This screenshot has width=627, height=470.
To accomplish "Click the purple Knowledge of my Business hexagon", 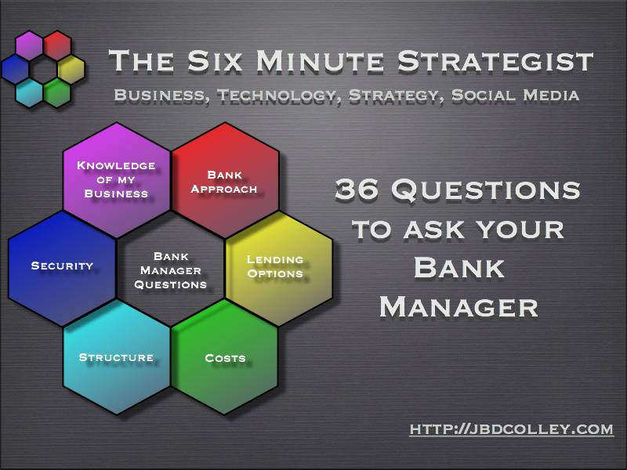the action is point(117,180).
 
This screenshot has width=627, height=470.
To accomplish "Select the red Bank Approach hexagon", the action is point(225,180).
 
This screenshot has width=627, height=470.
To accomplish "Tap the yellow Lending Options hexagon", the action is point(279,269).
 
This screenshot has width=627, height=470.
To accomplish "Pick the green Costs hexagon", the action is point(225,357).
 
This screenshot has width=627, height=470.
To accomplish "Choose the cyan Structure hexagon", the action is point(117,357).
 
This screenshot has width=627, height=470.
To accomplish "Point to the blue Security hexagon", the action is point(62,269).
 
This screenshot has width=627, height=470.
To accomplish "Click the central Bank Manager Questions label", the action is point(171,270).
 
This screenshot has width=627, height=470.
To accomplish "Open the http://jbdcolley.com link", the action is point(512,429).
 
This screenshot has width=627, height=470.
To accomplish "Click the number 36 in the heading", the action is point(357,189).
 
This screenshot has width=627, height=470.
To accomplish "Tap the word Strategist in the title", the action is point(495,61).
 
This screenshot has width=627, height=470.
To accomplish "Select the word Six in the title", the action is point(215,61).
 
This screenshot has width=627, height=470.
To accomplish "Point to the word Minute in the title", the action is point(320,61).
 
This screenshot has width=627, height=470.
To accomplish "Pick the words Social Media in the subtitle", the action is point(516,95).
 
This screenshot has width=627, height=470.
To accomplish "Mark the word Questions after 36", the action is point(486,190).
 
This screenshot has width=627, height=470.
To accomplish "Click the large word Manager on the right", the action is point(458,307).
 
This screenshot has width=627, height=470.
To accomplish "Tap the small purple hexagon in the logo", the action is point(29,45).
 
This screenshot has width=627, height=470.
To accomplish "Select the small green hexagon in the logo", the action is point(57,92).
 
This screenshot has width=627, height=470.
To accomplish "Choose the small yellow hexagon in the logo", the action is point(71,69).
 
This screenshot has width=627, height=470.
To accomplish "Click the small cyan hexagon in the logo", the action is point(29,92).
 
